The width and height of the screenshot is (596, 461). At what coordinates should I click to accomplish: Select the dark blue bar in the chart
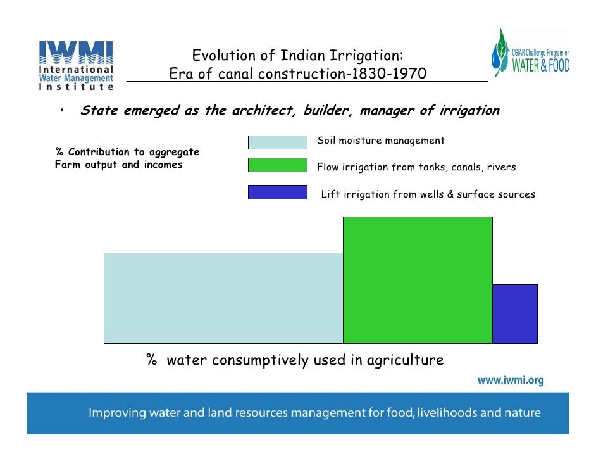click(514, 313)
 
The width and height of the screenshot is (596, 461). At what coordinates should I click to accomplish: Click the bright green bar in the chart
click(417, 279)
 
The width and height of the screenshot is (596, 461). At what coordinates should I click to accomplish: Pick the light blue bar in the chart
click(223, 298)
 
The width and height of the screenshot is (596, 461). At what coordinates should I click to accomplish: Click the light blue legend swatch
click(277, 142)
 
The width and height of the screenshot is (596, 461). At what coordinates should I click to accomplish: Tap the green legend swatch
click(277, 165)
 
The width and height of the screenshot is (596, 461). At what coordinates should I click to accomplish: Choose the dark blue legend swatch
click(277, 192)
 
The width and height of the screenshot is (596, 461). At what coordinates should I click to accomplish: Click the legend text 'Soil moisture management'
click(381, 141)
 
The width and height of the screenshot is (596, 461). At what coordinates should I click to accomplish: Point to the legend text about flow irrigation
click(416, 168)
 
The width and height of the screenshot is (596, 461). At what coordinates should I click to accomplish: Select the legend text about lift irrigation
click(428, 194)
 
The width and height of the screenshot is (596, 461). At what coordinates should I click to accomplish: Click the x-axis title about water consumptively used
click(295, 360)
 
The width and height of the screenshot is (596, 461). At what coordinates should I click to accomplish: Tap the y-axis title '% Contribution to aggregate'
click(127, 152)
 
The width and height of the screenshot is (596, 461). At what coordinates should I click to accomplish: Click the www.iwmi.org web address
click(509, 381)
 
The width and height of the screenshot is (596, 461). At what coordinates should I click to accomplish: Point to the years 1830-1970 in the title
click(388, 75)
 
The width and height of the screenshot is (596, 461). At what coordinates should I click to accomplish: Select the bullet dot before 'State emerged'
click(63, 110)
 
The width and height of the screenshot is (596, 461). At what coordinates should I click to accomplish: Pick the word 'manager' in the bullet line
click(385, 111)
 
